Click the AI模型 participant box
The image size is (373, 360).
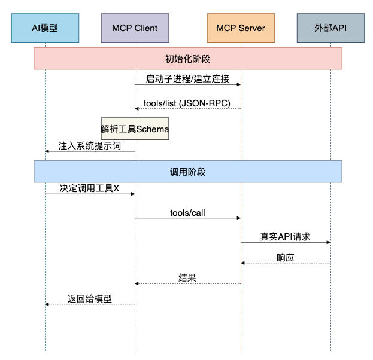tap(45, 28)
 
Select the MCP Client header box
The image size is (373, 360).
tap(135, 28)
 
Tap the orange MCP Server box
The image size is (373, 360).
tap(240, 28)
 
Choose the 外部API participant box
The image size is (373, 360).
tap(330, 28)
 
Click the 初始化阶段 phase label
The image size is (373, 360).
tap(187, 59)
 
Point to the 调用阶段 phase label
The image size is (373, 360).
tap(187, 171)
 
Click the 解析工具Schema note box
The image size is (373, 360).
tap(135, 129)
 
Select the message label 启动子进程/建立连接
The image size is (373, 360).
tap(187, 78)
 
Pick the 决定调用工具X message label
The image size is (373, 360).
tap(89, 188)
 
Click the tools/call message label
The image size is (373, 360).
tap(187, 213)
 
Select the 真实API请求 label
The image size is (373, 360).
tap(285, 236)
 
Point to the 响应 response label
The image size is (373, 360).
tap(285, 257)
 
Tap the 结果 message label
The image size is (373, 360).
tap(187, 277)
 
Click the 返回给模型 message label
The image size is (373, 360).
tap(89, 298)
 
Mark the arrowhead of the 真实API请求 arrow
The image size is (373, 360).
tap(328, 242)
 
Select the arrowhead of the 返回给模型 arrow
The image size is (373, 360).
tap(47, 304)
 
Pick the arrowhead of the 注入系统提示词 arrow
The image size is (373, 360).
tap(47, 151)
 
